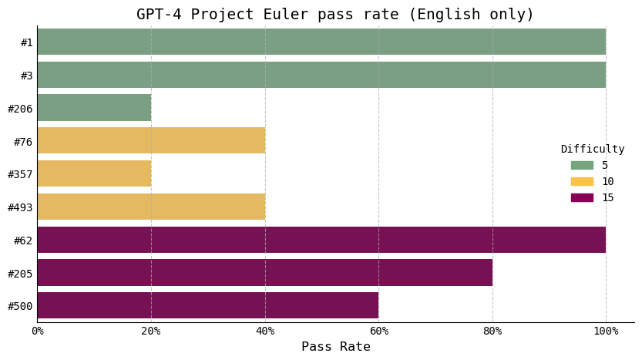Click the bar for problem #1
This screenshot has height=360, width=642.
click(x=321, y=42)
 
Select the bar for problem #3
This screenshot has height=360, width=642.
click(x=321, y=75)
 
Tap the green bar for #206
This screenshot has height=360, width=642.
click(x=94, y=108)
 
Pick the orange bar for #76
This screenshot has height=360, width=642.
click(x=151, y=140)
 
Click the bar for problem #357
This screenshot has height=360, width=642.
click(x=94, y=173)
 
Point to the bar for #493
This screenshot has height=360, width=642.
click(x=151, y=207)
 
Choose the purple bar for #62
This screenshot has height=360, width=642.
click(x=321, y=240)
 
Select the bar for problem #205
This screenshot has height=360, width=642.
click(x=264, y=272)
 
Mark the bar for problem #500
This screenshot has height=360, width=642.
click(x=208, y=305)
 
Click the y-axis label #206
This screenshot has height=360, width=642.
click(x=20, y=109)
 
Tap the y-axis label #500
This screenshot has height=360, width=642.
click(x=20, y=306)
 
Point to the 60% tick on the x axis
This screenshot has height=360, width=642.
click(x=378, y=331)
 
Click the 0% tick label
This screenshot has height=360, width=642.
click(x=37, y=331)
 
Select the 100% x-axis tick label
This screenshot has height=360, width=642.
click(x=606, y=331)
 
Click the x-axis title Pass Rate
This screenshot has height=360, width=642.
click(x=335, y=347)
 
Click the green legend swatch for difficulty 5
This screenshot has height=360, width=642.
click(x=582, y=165)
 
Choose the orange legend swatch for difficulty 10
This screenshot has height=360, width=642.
click(x=582, y=181)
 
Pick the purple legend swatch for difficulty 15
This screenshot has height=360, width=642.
click(x=582, y=197)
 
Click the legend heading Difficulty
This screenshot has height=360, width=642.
click(x=593, y=150)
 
